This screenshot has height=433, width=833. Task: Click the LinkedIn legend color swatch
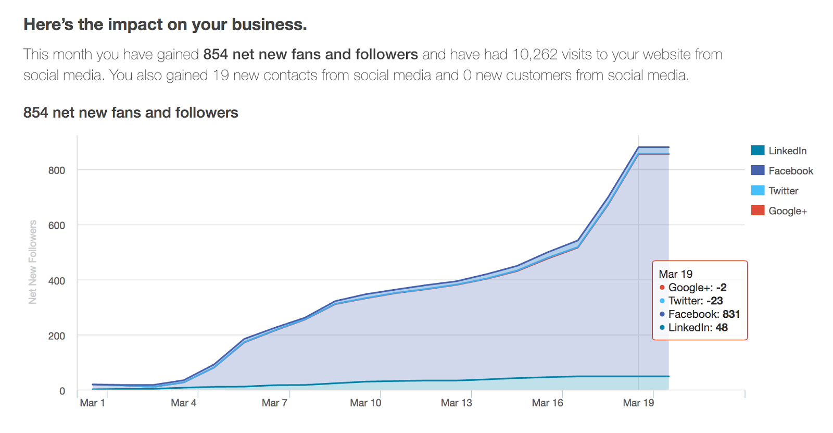click(758, 151)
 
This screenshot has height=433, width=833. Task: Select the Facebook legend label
click(790, 171)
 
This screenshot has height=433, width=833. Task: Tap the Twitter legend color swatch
click(758, 191)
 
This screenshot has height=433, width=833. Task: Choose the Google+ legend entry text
click(787, 211)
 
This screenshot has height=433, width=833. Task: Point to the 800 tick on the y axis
click(57, 170)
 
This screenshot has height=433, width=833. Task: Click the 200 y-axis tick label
click(57, 336)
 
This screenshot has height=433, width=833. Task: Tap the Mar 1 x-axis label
click(92, 403)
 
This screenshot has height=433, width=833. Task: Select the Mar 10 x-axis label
click(365, 403)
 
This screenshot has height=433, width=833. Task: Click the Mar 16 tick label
click(547, 403)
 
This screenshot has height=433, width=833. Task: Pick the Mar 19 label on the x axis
click(638, 403)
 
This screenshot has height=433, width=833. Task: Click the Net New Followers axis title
click(33, 262)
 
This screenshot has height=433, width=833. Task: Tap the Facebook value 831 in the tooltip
click(731, 314)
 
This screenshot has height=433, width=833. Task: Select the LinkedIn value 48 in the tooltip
click(722, 328)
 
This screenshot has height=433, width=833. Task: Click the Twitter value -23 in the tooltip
click(714, 301)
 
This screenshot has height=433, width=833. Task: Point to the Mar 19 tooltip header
click(675, 274)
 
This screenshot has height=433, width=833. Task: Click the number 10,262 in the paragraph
click(535, 55)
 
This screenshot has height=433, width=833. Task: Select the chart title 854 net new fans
click(131, 113)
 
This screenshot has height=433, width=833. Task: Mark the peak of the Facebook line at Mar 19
click(638, 147)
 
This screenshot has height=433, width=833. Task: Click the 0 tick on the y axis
click(62, 391)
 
